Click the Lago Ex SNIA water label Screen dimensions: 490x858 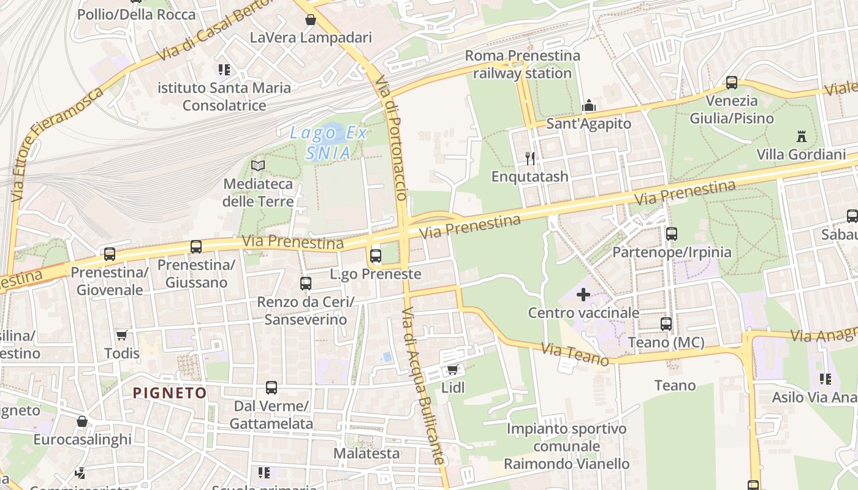[328, 142]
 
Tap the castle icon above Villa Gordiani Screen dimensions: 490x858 [801, 136]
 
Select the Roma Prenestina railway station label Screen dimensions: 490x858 [522, 64]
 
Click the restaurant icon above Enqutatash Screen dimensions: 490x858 [530, 159]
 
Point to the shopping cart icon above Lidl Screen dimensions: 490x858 [453, 369]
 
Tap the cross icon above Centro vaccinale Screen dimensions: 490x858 [583, 295]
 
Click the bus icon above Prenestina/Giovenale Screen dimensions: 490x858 [110, 254]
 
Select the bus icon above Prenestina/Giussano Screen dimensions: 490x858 [196, 247]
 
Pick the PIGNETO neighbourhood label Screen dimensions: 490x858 [170, 393]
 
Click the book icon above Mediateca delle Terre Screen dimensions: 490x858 [258, 165]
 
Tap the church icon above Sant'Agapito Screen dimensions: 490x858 [589, 105]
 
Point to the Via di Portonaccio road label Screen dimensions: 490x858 [391, 138]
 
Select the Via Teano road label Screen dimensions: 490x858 [575, 354]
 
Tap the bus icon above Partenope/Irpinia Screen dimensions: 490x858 [672, 233]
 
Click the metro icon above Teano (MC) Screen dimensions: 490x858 [666, 324]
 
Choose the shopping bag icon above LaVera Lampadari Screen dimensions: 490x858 [311, 20]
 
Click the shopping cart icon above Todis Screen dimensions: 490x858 [121, 335]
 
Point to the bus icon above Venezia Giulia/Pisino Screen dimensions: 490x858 [732, 83]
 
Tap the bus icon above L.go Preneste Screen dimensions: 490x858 [376, 255]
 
